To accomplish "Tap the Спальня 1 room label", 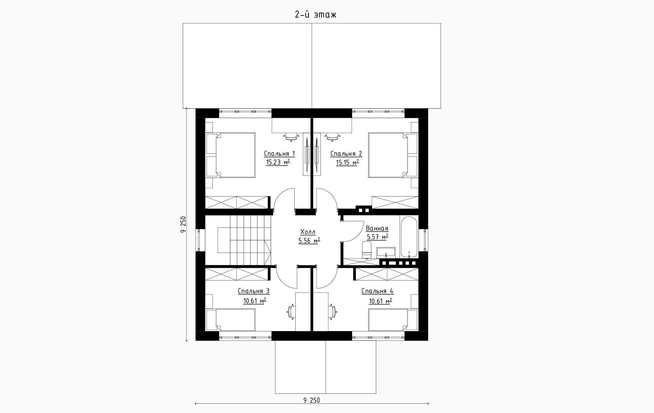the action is [x=279, y=154].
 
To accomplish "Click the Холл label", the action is [x=308, y=232].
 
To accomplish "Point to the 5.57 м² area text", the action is [x=378, y=237].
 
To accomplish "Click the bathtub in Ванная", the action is [x=409, y=237].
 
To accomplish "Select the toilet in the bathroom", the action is [x=367, y=250].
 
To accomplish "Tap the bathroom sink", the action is [x=386, y=252].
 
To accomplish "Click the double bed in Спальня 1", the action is [x=231, y=155].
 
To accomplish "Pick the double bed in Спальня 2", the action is [x=393, y=155].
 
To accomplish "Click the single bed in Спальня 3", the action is [x=231, y=320].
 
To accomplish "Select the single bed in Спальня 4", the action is [x=393, y=320].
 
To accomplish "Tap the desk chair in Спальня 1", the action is [x=291, y=137].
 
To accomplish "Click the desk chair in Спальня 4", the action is [x=332, y=312].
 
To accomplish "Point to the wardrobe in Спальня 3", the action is [x=237, y=274].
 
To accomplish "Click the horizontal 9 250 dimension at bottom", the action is [x=312, y=400].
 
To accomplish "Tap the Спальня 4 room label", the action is [x=378, y=292].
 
